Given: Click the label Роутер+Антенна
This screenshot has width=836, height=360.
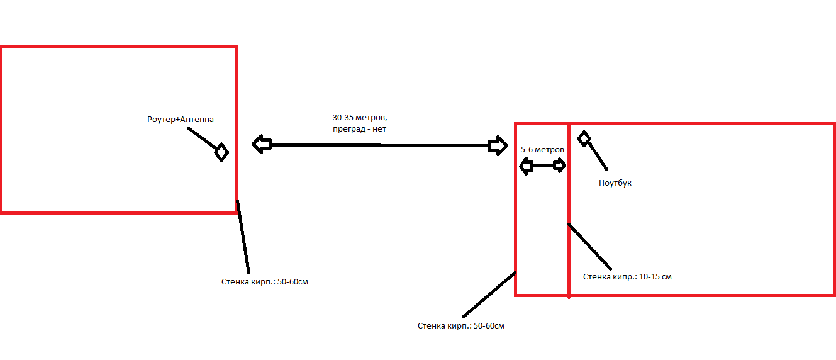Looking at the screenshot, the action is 181,120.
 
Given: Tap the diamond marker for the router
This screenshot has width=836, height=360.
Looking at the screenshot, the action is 221,152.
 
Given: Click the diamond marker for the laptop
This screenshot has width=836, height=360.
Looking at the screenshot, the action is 584,138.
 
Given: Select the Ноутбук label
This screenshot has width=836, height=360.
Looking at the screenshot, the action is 615,183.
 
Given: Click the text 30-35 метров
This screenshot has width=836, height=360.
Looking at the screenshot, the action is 360,118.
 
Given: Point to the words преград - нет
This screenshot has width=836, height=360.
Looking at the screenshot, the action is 359,129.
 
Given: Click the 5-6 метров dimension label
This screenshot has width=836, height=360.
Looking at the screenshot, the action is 542,150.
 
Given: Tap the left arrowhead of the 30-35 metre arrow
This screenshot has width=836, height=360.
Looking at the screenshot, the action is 262,144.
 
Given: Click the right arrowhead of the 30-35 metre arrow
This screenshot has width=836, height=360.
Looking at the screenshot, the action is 498,145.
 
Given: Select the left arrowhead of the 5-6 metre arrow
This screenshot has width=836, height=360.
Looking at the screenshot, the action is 527,166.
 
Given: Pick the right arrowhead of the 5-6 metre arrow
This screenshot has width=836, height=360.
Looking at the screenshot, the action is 559,165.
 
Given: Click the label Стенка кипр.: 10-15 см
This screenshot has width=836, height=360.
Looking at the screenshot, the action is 627,277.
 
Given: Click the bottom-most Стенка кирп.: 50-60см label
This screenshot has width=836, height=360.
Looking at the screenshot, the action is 461,325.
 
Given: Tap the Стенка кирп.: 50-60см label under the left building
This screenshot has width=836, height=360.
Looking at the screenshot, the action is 265,281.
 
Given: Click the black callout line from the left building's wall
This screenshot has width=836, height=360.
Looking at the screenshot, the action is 243,237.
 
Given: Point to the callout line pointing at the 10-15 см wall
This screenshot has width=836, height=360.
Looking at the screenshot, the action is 589,247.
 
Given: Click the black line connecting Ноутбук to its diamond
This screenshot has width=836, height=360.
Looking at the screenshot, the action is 598,156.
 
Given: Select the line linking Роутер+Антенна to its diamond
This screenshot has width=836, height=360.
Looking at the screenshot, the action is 202,138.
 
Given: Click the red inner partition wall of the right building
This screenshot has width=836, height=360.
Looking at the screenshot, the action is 569,211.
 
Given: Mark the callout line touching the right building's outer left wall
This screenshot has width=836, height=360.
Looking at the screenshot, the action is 489,295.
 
